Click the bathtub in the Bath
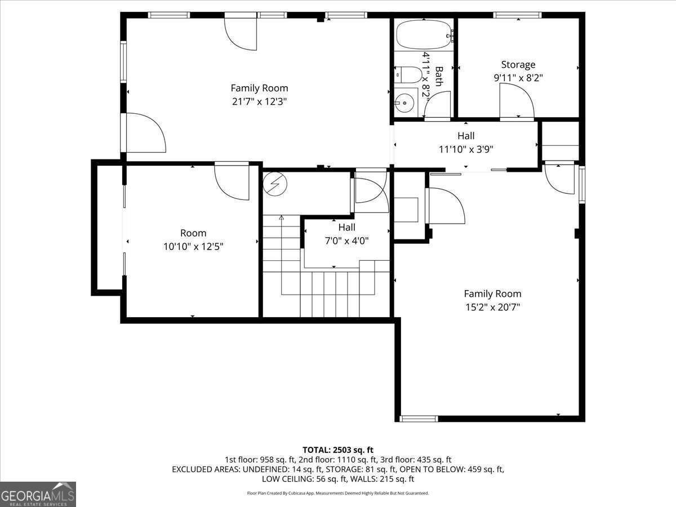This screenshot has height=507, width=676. [424, 34]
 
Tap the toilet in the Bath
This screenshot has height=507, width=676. [408, 74]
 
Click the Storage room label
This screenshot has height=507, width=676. [518, 65]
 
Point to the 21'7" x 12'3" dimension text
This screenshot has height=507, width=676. [259, 101]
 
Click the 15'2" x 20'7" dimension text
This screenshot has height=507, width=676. [492, 307]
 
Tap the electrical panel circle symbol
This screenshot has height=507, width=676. [275, 184]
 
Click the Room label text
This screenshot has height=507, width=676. [193, 233]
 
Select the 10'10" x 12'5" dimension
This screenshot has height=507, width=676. [193, 247]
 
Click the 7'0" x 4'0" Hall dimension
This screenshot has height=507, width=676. [347, 241]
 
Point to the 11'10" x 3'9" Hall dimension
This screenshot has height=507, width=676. [466, 149]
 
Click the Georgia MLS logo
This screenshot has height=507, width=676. [38, 494]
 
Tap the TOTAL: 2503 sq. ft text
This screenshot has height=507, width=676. [338, 450]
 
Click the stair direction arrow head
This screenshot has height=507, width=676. [281, 217]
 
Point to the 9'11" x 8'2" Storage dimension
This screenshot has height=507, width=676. [518, 78]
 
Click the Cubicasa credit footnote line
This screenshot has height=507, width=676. [338, 493]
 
